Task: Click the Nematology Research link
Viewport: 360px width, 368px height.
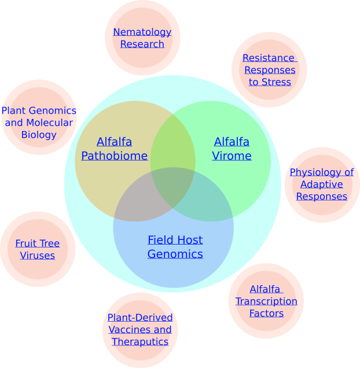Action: click(142, 38)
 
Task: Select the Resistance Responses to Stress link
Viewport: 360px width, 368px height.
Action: click(269, 70)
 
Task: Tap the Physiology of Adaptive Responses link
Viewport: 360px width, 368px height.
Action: click(322, 184)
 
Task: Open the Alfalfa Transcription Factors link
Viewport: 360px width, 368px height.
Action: click(266, 301)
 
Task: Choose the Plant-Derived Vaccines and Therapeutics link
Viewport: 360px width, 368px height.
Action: click(140, 330)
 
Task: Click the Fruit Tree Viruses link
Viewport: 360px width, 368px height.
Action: click(38, 249)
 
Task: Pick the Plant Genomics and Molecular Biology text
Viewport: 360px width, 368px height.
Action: click(39, 122)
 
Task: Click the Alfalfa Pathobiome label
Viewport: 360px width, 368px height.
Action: click(114, 149)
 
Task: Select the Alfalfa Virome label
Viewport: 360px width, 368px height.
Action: click(232, 149)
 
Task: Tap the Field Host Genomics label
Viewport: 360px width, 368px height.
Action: click(175, 247)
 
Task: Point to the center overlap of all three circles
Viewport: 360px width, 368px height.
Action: click(173, 187)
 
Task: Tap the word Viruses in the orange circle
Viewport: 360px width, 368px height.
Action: click(38, 256)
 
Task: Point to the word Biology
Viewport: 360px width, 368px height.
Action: click(39, 135)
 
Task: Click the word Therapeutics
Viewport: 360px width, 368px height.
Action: click(140, 342)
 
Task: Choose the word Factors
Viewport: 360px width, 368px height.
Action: click(266, 314)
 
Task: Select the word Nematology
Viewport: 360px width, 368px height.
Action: click(142, 32)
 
